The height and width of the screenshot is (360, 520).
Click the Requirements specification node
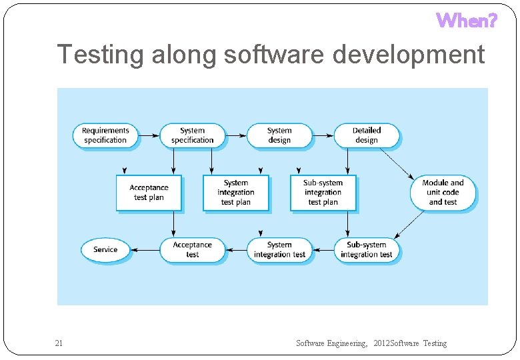105,135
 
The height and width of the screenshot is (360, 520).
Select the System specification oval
192,135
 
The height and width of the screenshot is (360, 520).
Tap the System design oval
279,135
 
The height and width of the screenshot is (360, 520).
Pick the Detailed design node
366,135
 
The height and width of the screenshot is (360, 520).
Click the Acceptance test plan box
149,193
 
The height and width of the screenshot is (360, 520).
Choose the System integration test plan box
236,193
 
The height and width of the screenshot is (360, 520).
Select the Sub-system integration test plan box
323,193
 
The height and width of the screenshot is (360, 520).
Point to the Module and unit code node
443,193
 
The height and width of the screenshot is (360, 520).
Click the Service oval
105,249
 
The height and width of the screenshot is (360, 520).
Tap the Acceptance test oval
192,249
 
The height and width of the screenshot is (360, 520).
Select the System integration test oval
279,249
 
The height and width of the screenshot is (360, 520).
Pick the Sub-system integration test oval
367,249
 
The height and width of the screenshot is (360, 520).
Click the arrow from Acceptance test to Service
145,250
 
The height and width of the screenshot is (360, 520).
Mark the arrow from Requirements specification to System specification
149,135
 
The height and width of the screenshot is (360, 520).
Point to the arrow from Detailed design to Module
397,163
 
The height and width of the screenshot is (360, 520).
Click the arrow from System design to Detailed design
323,135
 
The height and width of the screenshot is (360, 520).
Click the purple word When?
467,21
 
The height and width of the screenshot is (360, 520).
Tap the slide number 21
59,343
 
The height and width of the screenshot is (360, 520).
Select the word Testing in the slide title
101,55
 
